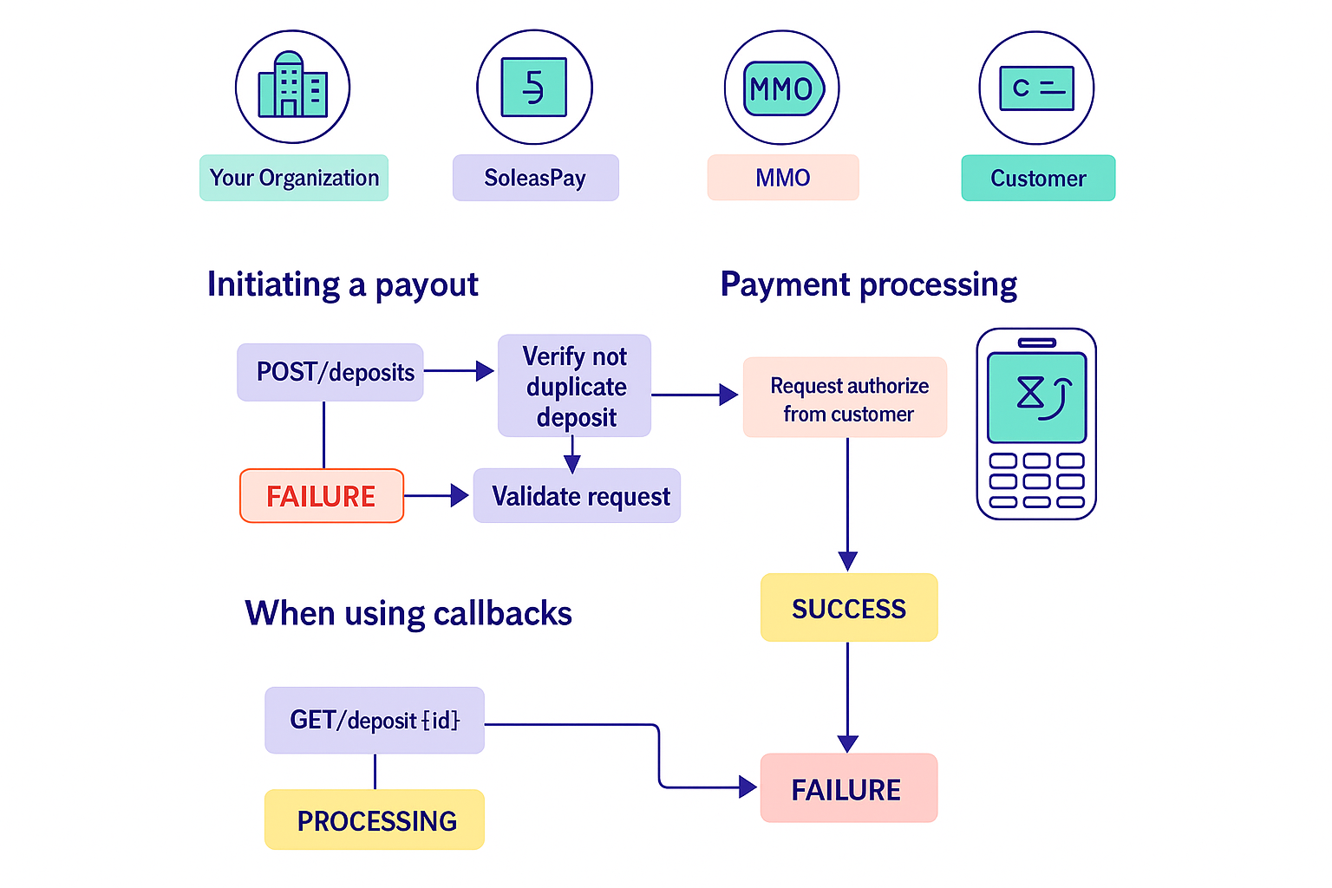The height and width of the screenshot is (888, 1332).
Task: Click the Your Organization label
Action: coord(294,178)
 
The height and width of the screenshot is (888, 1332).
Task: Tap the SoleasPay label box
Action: coord(535,178)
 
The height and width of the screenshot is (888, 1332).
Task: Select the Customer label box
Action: coord(1038,178)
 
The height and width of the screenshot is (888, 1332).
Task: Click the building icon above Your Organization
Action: coord(292,87)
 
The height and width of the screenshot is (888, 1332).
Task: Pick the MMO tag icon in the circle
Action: coord(782,88)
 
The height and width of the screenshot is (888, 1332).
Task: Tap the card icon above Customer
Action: coord(1036,88)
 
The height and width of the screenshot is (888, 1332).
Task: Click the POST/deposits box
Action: coord(330,372)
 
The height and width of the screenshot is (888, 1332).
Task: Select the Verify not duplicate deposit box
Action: coord(574,386)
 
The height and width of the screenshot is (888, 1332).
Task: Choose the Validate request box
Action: coord(577,496)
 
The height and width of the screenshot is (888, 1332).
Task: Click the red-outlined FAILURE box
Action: coord(322,496)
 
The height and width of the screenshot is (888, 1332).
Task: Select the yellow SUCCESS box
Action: coord(849,608)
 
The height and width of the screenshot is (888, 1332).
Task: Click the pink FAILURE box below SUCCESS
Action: coord(849,788)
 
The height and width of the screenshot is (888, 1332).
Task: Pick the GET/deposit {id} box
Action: coord(375,720)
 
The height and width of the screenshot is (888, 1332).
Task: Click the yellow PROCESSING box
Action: coord(375,819)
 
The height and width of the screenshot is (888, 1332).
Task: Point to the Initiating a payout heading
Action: coord(343,284)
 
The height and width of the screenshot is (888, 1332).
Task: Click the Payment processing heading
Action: coord(868,284)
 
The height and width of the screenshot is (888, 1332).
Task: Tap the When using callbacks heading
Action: coord(408,613)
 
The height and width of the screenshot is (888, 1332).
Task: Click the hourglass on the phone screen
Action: coord(1030,393)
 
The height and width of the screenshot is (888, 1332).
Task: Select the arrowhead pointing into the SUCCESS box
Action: coord(848,562)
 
